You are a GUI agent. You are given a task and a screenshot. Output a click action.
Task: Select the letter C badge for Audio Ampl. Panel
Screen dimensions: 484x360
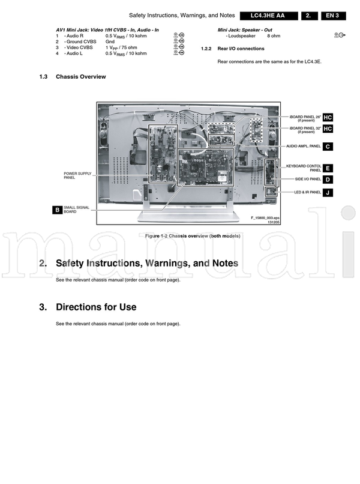click(x=328, y=147)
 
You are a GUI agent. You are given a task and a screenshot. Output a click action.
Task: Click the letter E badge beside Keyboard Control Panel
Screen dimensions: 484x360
click(x=328, y=168)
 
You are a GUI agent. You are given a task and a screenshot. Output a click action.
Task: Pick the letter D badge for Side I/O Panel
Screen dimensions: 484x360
click(x=328, y=180)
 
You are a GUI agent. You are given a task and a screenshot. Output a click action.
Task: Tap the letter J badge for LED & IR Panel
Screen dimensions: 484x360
click(x=328, y=193)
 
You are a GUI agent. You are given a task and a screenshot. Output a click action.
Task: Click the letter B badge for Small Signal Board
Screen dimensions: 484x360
click(x=57, y=210)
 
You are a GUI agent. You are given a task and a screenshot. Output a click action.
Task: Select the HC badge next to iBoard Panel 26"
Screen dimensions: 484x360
click(x=328, y=116)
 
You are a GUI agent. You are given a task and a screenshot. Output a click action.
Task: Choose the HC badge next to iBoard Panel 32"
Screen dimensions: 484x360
click(x=328, y=129)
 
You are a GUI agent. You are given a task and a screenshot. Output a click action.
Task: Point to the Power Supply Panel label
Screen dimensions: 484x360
click(x=77, y=175)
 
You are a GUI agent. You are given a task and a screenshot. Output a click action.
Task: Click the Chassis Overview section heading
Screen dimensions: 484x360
click(x=80, y=77)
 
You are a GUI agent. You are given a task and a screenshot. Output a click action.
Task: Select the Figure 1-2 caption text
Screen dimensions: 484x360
click(x=192, y=236)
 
